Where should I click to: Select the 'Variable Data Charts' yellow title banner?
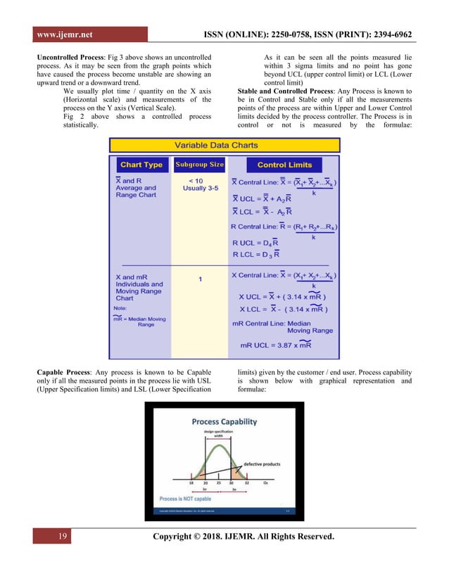point(225,146)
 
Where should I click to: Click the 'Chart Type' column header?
point(142,165)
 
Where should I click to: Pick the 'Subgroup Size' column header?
point(199,165)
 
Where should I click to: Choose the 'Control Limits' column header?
point(285,165)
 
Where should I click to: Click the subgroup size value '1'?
point(200,279)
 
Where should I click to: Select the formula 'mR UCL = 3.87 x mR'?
point(276,345)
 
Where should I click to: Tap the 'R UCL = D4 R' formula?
point(252,243)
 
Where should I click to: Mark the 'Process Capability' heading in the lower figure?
point(224,421)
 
